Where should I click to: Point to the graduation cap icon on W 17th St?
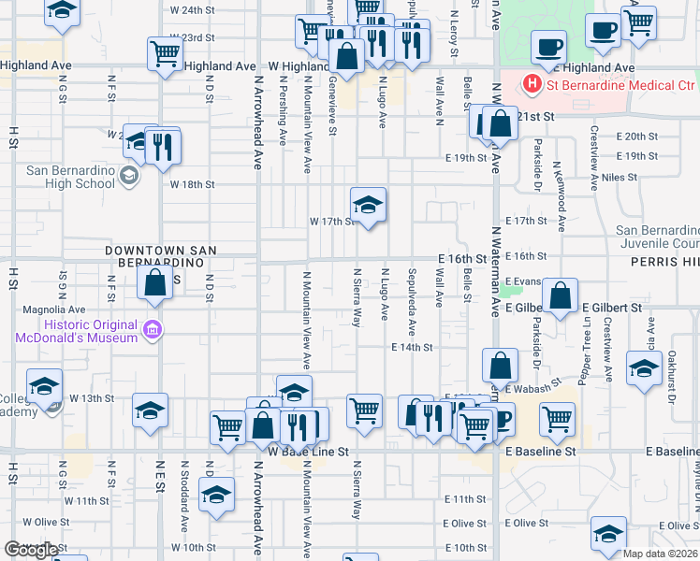point(369,205)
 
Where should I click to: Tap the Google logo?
point(30,550)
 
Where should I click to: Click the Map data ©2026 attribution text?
point(660,553)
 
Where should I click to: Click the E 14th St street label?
point(412,347)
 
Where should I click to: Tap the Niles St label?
point(620,177)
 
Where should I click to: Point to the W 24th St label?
point(193,10)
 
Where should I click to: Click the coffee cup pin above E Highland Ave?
point(548,46)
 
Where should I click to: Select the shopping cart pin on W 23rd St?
point(166,54)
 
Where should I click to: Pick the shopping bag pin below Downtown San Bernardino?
point(154,282)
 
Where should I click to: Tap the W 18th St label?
point(192,185)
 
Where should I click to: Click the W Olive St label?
point(46,522)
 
